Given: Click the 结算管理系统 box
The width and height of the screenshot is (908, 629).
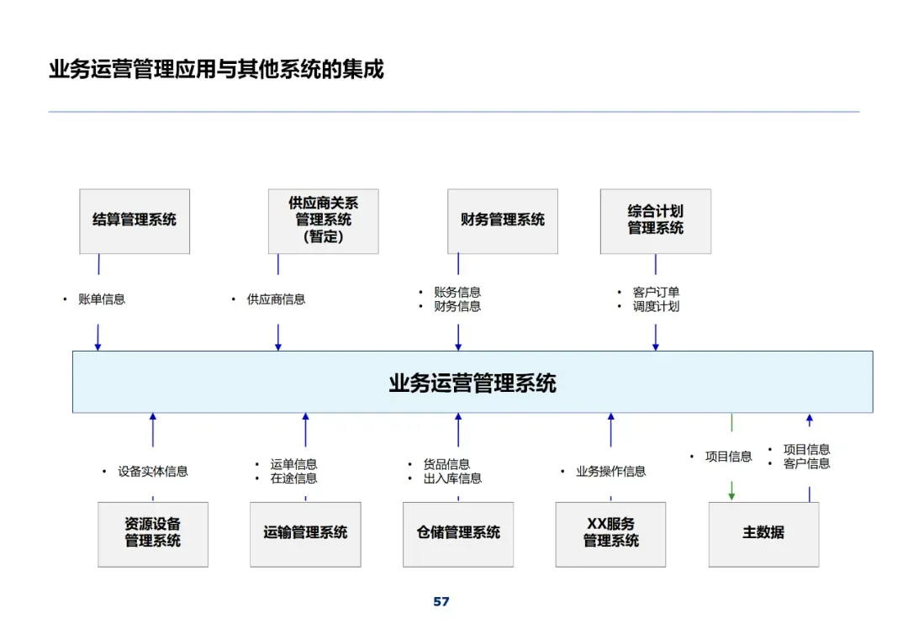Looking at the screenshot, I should [135, 220].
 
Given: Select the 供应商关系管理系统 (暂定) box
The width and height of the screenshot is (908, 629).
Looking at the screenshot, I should [323, 220].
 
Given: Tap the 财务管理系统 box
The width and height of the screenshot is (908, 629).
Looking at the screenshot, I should [502, 220].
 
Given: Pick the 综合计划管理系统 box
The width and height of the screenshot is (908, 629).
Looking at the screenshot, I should [655, 220].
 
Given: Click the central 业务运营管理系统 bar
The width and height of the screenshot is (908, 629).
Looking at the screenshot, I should [472, 383].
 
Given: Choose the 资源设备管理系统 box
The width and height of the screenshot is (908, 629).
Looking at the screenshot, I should [153, 534].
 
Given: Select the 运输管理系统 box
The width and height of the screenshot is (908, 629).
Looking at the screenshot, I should [305, 534].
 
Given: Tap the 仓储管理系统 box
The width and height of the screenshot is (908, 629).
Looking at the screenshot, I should [458, 534].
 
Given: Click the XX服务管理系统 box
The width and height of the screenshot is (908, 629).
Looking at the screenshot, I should [610, 534].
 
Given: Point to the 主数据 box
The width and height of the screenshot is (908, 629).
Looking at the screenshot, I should [763, 534].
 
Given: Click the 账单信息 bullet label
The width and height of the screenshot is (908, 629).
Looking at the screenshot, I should [102, 299].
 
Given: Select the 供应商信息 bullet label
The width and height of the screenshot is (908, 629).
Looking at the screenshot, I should [276, 299].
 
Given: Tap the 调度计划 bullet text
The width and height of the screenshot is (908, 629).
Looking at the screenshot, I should [656, 307].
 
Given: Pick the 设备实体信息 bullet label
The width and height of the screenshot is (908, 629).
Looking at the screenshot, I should [153, 472].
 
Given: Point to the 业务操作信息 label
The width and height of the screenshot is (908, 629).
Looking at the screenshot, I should [610, 472].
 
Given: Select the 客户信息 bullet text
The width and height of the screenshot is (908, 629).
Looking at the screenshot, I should [806, 463].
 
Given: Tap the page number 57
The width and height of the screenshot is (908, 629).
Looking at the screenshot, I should [441, 602].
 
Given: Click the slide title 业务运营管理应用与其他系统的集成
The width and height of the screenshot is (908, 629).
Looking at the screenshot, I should [216, 69].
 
